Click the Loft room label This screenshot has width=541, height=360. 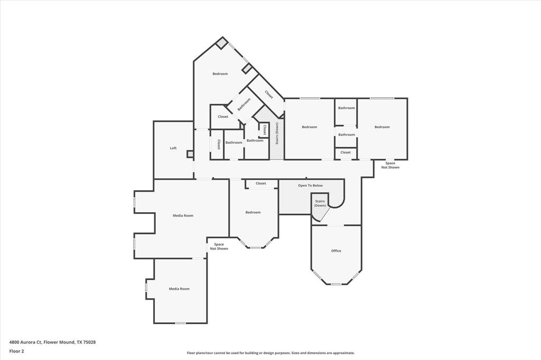click(x=173, y=148)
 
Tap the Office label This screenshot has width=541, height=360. click(x=336, y=251)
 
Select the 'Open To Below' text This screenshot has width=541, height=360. click(x=310, y=186)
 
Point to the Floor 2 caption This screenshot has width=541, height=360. click(x=16, y=351)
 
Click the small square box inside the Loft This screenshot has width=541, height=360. click(x=190, y=154)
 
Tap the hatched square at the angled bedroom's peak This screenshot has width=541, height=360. click(x=222, y=43)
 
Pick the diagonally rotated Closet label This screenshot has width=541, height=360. click(x=269, y=94)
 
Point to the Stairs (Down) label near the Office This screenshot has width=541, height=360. click(x=320, y=203)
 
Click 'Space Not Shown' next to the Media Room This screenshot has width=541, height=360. click(x=219, y=247)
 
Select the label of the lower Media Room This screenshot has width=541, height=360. click(x=179, y=289)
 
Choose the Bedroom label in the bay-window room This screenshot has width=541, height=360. click(x=253, y=212)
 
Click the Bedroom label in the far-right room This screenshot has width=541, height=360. click(x=382, y=127)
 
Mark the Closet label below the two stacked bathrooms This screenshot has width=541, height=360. click(x=346, y=153)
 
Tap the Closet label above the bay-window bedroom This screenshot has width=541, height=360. click(x=261, y=184)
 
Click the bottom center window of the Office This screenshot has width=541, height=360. click(x=336, y=285)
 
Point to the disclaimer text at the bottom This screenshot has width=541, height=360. click(x=270, y=353)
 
